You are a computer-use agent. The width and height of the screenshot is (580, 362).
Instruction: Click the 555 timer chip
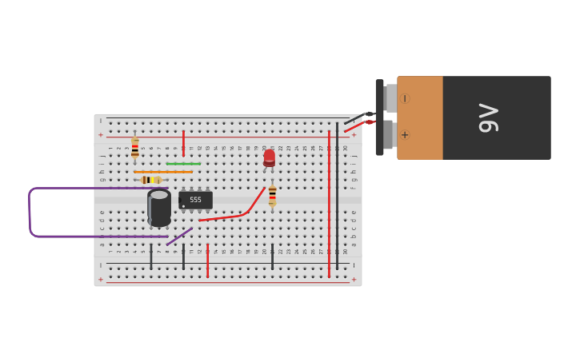pos(195,200)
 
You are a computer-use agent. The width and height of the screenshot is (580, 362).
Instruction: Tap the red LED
pos(269,157)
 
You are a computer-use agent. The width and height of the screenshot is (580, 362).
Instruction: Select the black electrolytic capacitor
pos(159,207)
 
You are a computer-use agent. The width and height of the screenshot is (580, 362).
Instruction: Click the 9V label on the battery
pos(488,117)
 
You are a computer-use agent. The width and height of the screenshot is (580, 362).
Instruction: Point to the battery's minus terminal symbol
pos(404,98)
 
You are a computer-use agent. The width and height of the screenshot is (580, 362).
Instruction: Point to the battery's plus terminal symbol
pos(404,134)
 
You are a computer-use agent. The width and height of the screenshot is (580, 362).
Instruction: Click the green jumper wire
pos(183,164)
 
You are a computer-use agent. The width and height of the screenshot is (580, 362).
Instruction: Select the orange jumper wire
pos(163,172)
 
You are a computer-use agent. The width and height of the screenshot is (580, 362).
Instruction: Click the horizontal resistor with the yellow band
pos(150,180)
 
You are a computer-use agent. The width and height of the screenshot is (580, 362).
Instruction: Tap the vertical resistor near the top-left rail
pos(134,147)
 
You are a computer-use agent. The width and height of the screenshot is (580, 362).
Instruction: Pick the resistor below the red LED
pos(272,196)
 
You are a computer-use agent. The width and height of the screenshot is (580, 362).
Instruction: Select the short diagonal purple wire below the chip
pos(180,237)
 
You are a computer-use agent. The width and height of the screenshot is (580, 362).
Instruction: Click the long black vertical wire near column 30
pos(337,200)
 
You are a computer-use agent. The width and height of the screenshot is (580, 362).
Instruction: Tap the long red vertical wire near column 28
pos(329,204)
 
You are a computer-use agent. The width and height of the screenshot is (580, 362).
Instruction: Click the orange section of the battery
pos(420,117)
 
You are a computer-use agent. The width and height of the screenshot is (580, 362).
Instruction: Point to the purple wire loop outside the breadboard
pos(30,213)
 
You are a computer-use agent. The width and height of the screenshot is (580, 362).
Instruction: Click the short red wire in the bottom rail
pos(207,261)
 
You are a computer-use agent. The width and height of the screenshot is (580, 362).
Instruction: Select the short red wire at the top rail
pos(183,142)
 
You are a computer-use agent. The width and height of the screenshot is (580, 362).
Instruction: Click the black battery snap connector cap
pos(379,117)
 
